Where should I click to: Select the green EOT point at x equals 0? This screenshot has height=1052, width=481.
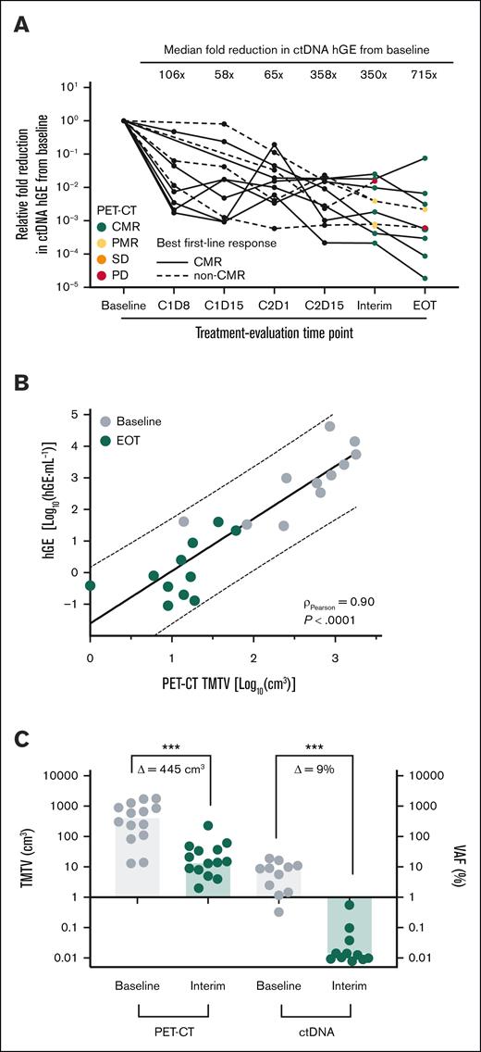90,585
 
